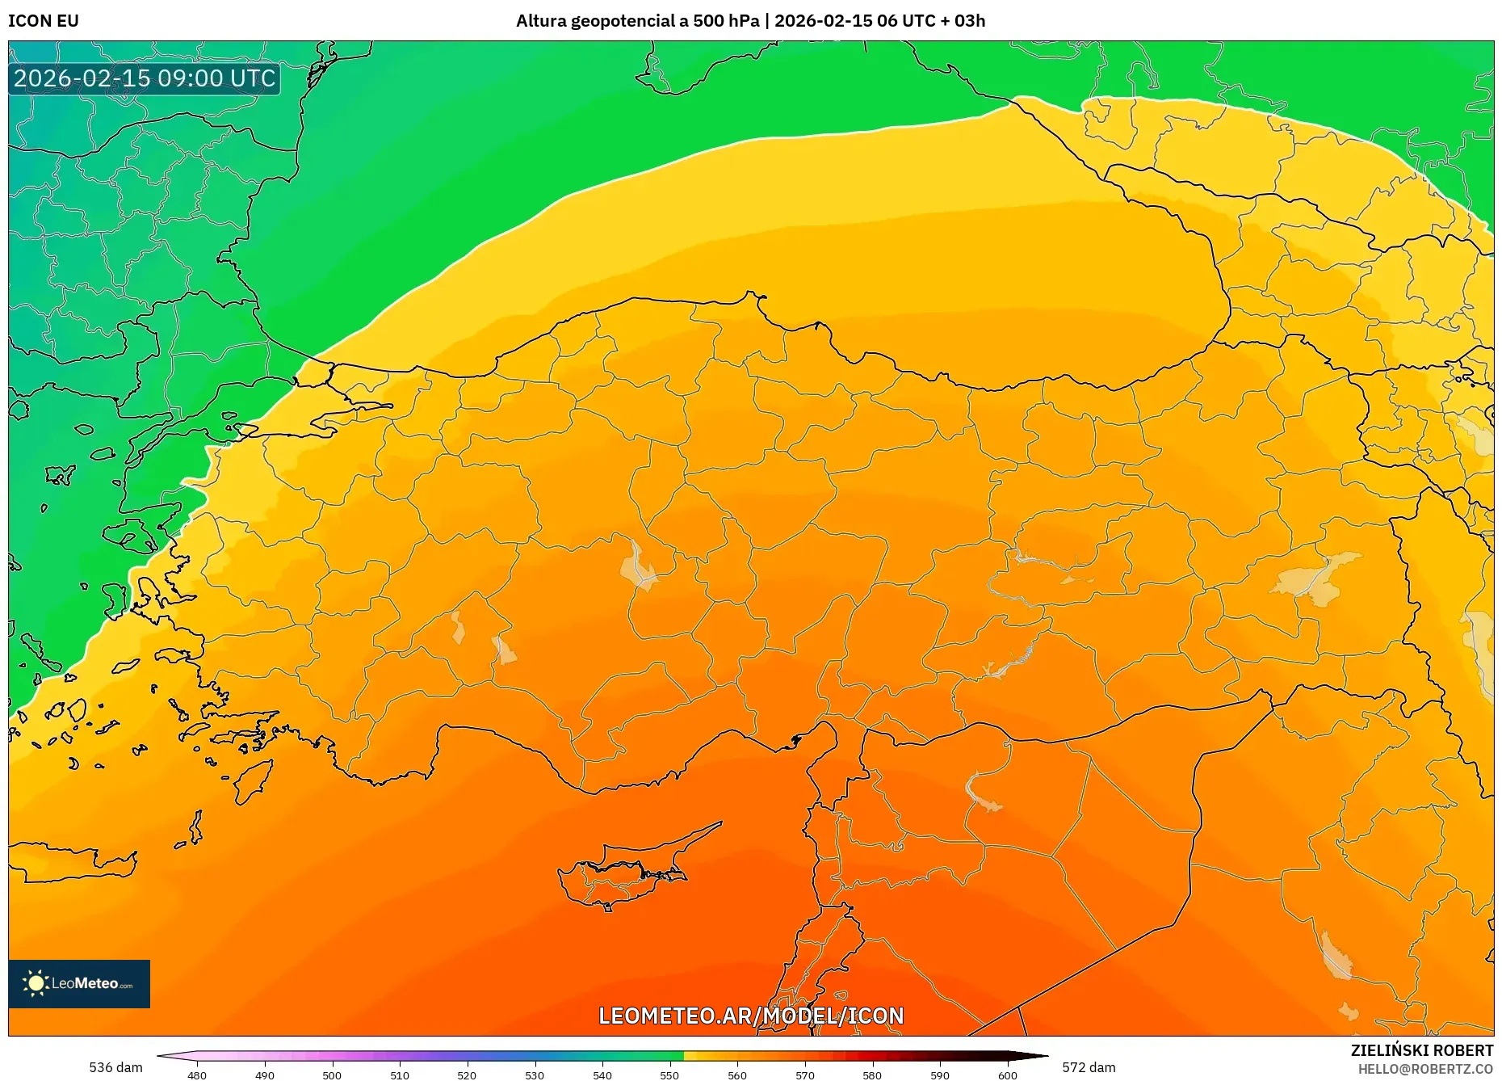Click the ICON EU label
coord(44,21)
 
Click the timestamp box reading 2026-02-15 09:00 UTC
coord(145,78)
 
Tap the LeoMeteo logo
coord(79,983)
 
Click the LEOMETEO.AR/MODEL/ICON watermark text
coord(751,1016)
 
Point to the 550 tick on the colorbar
coord(669,1075)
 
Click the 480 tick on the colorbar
coord(197,1075)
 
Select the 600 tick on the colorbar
coord(1007,1075)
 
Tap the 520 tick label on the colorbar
coord(467,1075)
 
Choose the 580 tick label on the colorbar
coord(872,1075)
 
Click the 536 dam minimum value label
coord(115,1067)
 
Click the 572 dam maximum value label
coord(1089,1067)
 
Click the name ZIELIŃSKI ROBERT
coord(1421,1050)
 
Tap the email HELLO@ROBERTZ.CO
coord(1425,1069)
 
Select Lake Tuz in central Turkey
coord(638,566)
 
